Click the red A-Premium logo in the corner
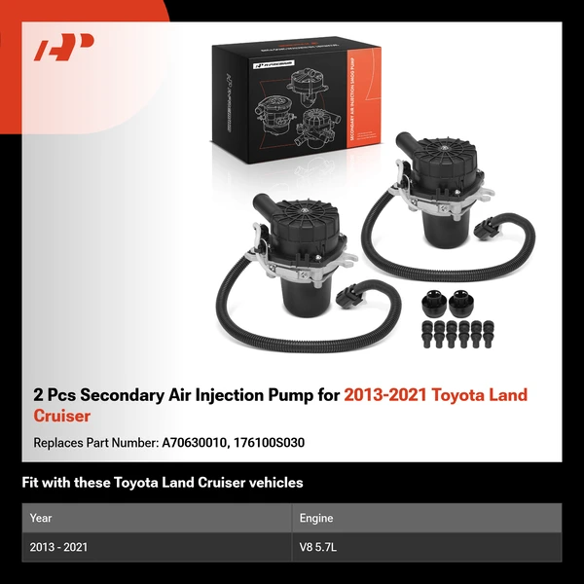63,48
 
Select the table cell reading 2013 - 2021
58,547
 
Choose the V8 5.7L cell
322,547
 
